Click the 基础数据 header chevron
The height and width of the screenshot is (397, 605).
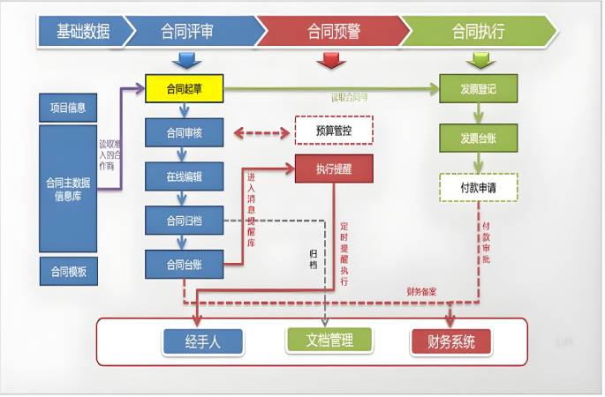[81, 32]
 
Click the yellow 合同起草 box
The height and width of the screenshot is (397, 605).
[183, 88]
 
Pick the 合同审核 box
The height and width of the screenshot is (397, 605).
[185, 134]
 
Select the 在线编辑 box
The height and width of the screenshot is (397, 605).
[185, 176]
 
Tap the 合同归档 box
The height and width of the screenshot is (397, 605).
[185, 220]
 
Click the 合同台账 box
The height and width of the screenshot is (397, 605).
[185, 263]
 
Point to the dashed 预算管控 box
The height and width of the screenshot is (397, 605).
[332, 131]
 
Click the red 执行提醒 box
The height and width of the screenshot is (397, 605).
[332, 169]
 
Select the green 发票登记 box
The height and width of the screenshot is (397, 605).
[478, 88]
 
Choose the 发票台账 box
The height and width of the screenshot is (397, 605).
[478, 139]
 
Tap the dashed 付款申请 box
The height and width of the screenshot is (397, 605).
[478, 188]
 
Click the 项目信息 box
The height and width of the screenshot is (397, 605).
[68, 108]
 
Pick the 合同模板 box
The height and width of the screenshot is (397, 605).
[68, 272]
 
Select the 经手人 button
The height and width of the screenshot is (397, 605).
[202, 341]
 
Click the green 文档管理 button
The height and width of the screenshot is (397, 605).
[329, 340]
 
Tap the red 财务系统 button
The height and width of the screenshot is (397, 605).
[450, 341]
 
